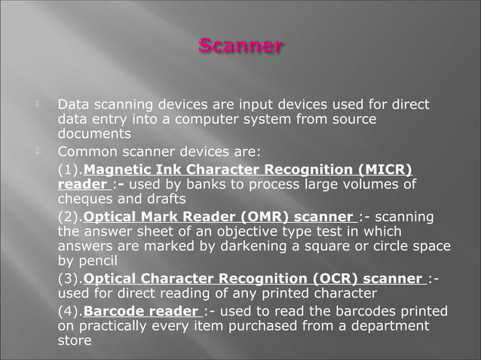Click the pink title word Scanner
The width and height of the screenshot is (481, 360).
tap(240, 46)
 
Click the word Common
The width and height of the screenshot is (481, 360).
tap(87, 151)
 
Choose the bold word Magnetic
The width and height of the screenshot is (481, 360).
tap(119, 169)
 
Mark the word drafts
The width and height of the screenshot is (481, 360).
tap(165, 200)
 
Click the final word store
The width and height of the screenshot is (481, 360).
tap(75, 342)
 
